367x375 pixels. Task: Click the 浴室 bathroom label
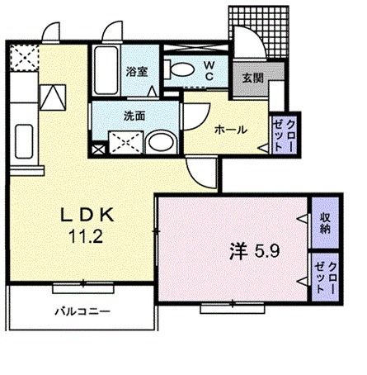point(136,73)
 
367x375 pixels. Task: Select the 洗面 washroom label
point(135,116)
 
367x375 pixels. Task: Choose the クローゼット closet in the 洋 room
point(325,282)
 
